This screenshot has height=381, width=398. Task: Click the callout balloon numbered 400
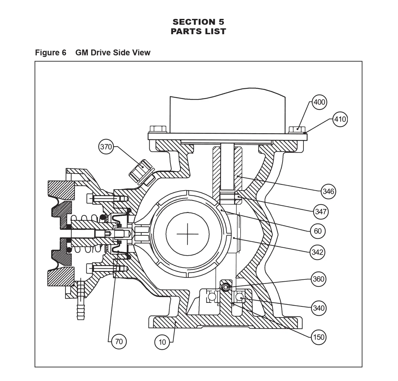pyautogui.click(x=319, y=102)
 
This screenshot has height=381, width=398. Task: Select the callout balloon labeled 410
pyautogui.click(x=340, y=119)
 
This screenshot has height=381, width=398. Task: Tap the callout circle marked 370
pyautogui.click(x=106, y=147)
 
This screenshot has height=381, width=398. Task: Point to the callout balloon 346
pyautogui.click(x=328, y=191)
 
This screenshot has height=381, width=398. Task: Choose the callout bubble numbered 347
pyautogui.click(x=321, y=211)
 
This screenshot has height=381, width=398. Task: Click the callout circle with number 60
pyautogui.click(x=317, y=231)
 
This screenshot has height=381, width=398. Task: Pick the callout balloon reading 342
pyautogui.click(x=317, y=252)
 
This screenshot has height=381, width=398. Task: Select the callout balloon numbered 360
pyautogui.click(x=318, y=279)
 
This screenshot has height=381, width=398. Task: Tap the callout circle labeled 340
pyautogui.click(x=319, y=308)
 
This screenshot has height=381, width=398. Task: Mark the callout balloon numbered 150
pyautogui.click(x=319, y=337)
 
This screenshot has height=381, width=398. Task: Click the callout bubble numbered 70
pyautogui.click(x=119, y=342)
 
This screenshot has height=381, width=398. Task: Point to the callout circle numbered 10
pyautogui.click(x=162, y=342)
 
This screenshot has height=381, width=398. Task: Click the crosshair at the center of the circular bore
pyautogui.click(x=187, y=234)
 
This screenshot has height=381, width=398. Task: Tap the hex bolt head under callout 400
pyautogui.click(x=297, y=130)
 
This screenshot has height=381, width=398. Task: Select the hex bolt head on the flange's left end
pyautogui.click(x=158, y=130)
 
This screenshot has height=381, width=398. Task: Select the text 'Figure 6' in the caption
pyautogui.click(x=51, y=52)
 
